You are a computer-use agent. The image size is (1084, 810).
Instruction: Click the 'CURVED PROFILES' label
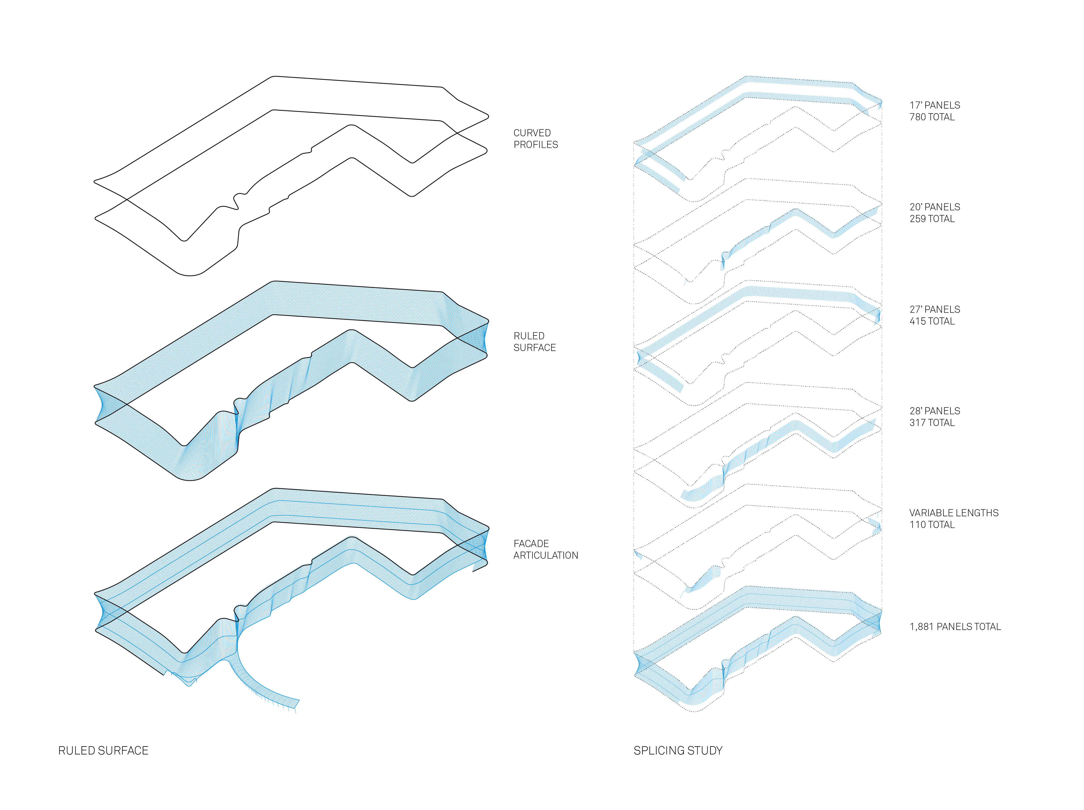535,139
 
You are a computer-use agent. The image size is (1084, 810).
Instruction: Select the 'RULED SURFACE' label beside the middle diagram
534,341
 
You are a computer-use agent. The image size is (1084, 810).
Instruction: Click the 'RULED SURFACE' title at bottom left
103,750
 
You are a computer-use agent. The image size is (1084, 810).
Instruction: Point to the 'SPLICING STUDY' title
678,750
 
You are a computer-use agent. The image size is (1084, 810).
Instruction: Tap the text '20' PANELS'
935,207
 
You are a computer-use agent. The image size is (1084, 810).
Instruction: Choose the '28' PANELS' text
935,411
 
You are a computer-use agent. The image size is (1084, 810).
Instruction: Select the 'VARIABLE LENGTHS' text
954,513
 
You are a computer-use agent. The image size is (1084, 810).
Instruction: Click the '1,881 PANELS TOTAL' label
955,626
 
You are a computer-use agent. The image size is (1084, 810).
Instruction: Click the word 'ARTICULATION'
545,555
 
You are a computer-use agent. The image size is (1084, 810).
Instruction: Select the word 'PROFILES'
535,144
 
